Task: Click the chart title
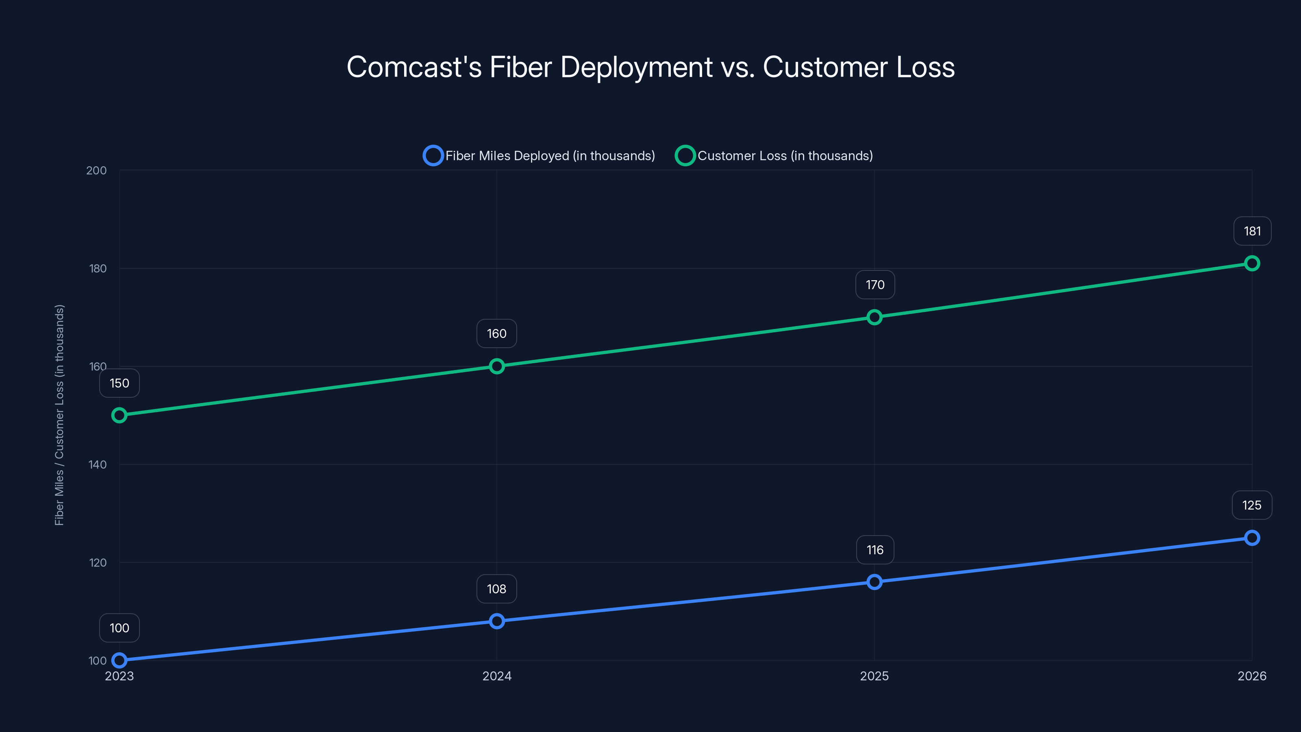pyautogui.click(x=650, y=67)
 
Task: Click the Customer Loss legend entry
pyautogui.click(x=774, y=156)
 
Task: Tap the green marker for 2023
pyautogui.click(x=119, y=415)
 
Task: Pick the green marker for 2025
pyautogui.click(x=874, y=317)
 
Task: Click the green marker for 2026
pyautogui.click(x=1251, y=263)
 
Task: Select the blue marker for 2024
pyautogui.click(x=496, y=621)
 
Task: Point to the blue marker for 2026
pyautogui.click(x=1251, y=538)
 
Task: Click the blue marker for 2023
pyautogui.click(x=119, y=660)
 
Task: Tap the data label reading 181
pyautogui.click(x=1252, y=231)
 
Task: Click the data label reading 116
pyautogui.click(x=875, y=550)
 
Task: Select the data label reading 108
pyautogui.click(x=496, y=589)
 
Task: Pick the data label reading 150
pyautogui.click(x=119, y=383)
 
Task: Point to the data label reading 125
pyautogui.click(x=1251, y=505)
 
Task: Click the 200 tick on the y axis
pyautogui.click(x=96, y=171)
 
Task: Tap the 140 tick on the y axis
pyautogui.click(x=98, y=465)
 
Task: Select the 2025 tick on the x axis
pyautogui.click(x=874, y=676)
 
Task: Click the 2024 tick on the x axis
pyautogui.click(x=496, y=676)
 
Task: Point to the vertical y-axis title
pyautogui.click(x=59, y=415)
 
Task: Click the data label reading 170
pyautogui.click(x=875, y=285)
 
